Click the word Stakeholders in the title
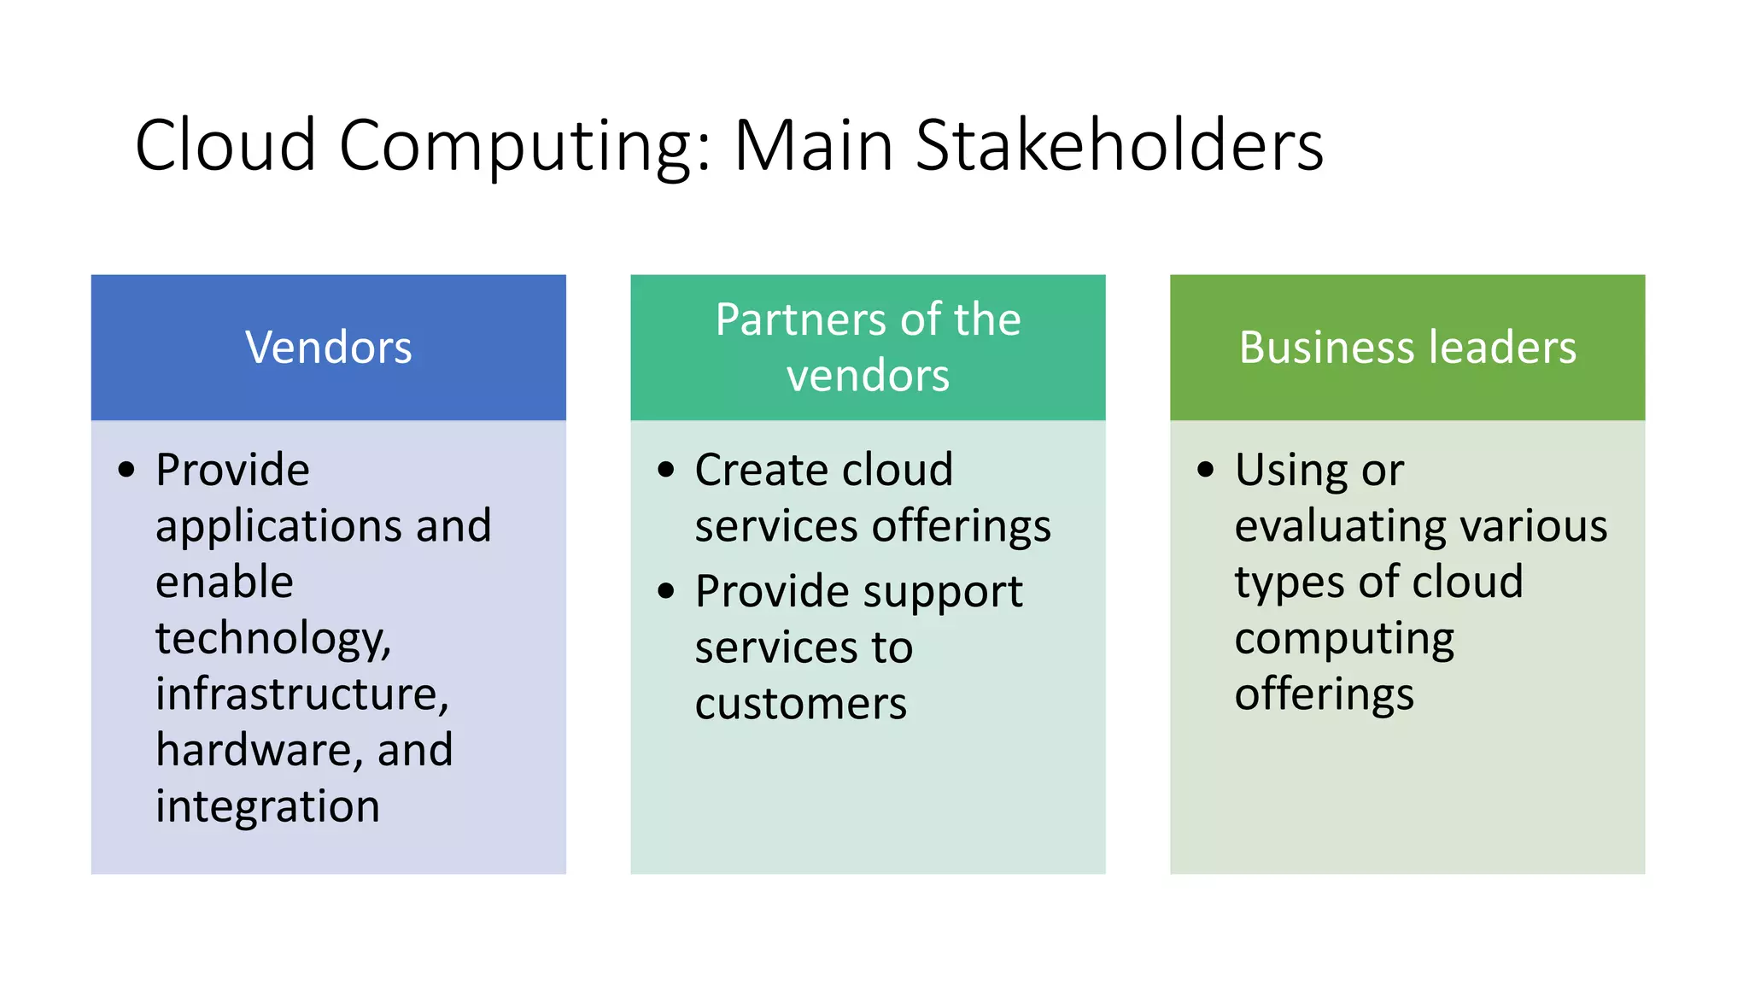tap(1119, 145)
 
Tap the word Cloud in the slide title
tap(225, 145)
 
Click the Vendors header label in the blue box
tap(329, 348)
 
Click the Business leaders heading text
tap(1407, 348)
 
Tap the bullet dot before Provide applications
tap(127, 469)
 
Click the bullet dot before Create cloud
tap(666, 469)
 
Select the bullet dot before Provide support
tap(666, 590)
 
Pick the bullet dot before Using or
tap(1206, 469)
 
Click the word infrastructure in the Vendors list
tap(301, 694)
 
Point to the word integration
tap(267, 806)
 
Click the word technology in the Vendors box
tap(272, 639)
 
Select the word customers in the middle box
tap(800, 704)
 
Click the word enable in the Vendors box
tap(225, 582)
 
